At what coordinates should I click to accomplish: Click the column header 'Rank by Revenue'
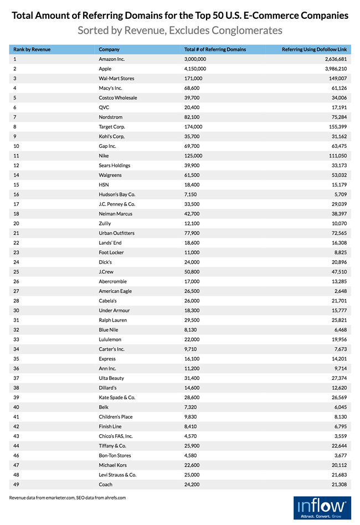click(x=32, y=49)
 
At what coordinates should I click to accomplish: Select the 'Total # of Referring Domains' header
click(x=215, y=49)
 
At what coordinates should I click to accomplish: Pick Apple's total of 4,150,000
click(x=195, y=69)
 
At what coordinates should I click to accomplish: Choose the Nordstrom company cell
click(x=110, y=117)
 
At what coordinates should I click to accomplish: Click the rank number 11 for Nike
click(x=16, y=156)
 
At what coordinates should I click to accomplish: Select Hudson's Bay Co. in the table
click(x=117, y=194)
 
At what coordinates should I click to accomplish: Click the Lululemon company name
click(x=110, y=339)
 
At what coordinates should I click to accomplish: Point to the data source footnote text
click(x=68, y=498)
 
